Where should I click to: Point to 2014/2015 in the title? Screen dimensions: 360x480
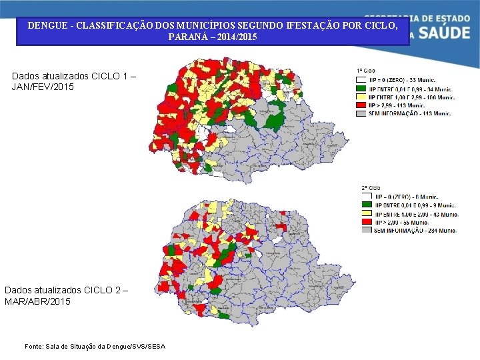click(x=234, y=37)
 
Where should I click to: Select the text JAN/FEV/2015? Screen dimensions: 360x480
click(x=43, y=87)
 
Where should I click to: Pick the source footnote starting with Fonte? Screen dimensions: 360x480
click(x=94, y=346)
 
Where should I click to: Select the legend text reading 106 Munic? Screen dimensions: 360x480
click(x=440, y=97)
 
